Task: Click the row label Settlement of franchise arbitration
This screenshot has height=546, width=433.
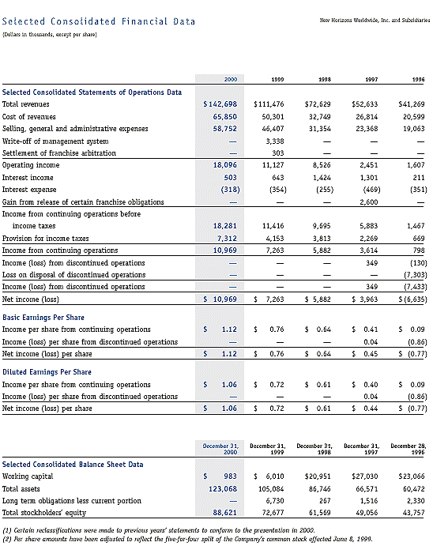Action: coord(58,153)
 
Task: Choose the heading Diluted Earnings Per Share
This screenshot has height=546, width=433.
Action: coord(47,371)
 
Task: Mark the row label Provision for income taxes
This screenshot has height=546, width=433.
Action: coord(44,238)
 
